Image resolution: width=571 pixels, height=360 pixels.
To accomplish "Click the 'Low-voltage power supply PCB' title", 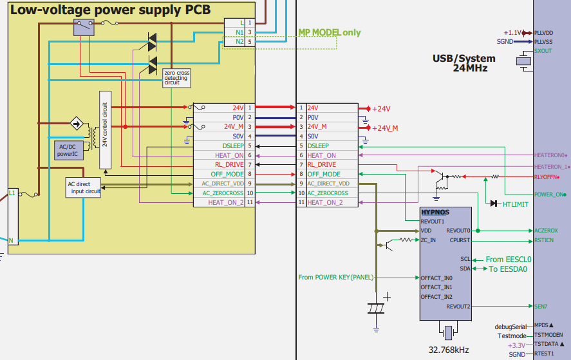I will tap(110, 10).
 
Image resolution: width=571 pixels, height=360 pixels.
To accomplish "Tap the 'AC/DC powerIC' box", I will tap(68, 150).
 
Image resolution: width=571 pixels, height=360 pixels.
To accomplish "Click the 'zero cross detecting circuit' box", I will tap(177, 78).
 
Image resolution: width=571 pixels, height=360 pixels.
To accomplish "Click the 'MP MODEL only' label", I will tap(329, 32).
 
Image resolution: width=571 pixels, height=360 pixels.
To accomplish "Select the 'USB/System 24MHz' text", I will tap(460, 62).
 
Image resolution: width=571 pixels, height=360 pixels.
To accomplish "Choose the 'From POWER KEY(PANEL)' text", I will tap(335, 278).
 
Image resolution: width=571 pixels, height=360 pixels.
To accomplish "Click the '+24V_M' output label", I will tap(385, 128).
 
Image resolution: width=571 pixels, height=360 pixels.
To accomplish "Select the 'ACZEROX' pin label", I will tap(546, 231).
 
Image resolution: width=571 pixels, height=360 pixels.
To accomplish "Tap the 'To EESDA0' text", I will tap(508, 269).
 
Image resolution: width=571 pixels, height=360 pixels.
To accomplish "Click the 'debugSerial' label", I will tap(510, 326).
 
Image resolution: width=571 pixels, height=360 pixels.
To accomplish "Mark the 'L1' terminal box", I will tap(12, 192).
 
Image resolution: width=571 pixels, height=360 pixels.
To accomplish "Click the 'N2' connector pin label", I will tap(239, 42).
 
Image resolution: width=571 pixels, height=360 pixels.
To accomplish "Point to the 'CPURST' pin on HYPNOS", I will tap(460, 240).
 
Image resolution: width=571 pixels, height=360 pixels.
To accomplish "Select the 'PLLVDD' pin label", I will tap(545, 32).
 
